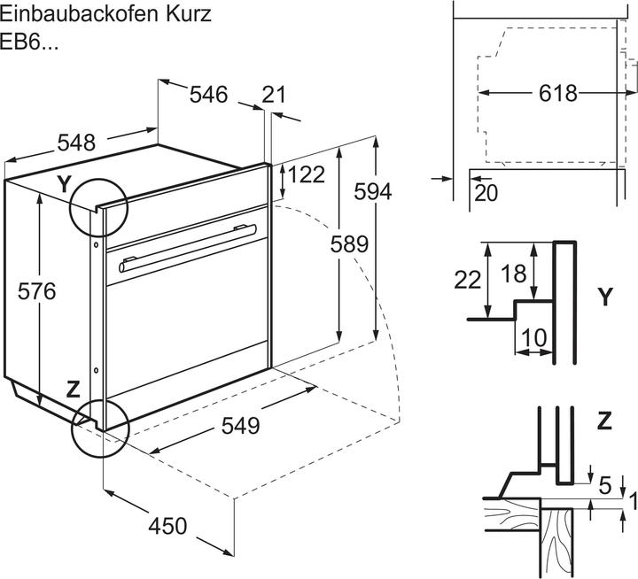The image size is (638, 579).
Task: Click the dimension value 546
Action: coord(209,94)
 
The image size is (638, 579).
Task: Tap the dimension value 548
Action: coord(77,142)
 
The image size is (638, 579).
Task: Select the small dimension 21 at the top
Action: coord(275,95)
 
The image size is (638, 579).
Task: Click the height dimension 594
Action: coord(371,190)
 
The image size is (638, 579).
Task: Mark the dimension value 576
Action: coord(37,290)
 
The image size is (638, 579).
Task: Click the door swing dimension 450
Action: coord(167,526)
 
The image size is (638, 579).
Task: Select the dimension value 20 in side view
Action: coord(486,193)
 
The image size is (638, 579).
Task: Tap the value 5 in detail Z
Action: coord(604,485)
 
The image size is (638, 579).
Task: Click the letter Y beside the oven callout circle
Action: coord(63,184)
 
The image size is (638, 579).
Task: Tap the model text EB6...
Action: coord(29,42)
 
